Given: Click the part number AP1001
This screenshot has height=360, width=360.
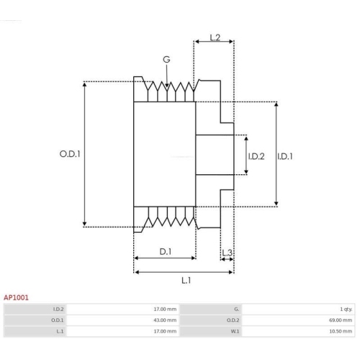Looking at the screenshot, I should click(x=17, y=296).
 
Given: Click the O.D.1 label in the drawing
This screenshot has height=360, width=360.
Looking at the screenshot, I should click(x=69, y=154).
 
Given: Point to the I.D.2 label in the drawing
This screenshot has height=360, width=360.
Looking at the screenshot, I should click(x=256, y=156).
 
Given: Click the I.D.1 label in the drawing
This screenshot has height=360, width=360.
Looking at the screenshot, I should click(x=285, y=156).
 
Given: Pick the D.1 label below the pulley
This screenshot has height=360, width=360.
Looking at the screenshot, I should click(x=165, y=251).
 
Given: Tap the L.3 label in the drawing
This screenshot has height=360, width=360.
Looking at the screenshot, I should click(x=227, y=252).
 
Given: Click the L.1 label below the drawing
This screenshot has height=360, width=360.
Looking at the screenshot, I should click(x=186, y=279).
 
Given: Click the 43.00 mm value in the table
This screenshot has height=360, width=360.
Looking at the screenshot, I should click(x=166, y=320).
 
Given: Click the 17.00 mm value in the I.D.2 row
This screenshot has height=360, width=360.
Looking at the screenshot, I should click(x=166, y=308).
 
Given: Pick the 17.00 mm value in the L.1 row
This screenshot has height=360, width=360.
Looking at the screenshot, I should click(x=166, y=331).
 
